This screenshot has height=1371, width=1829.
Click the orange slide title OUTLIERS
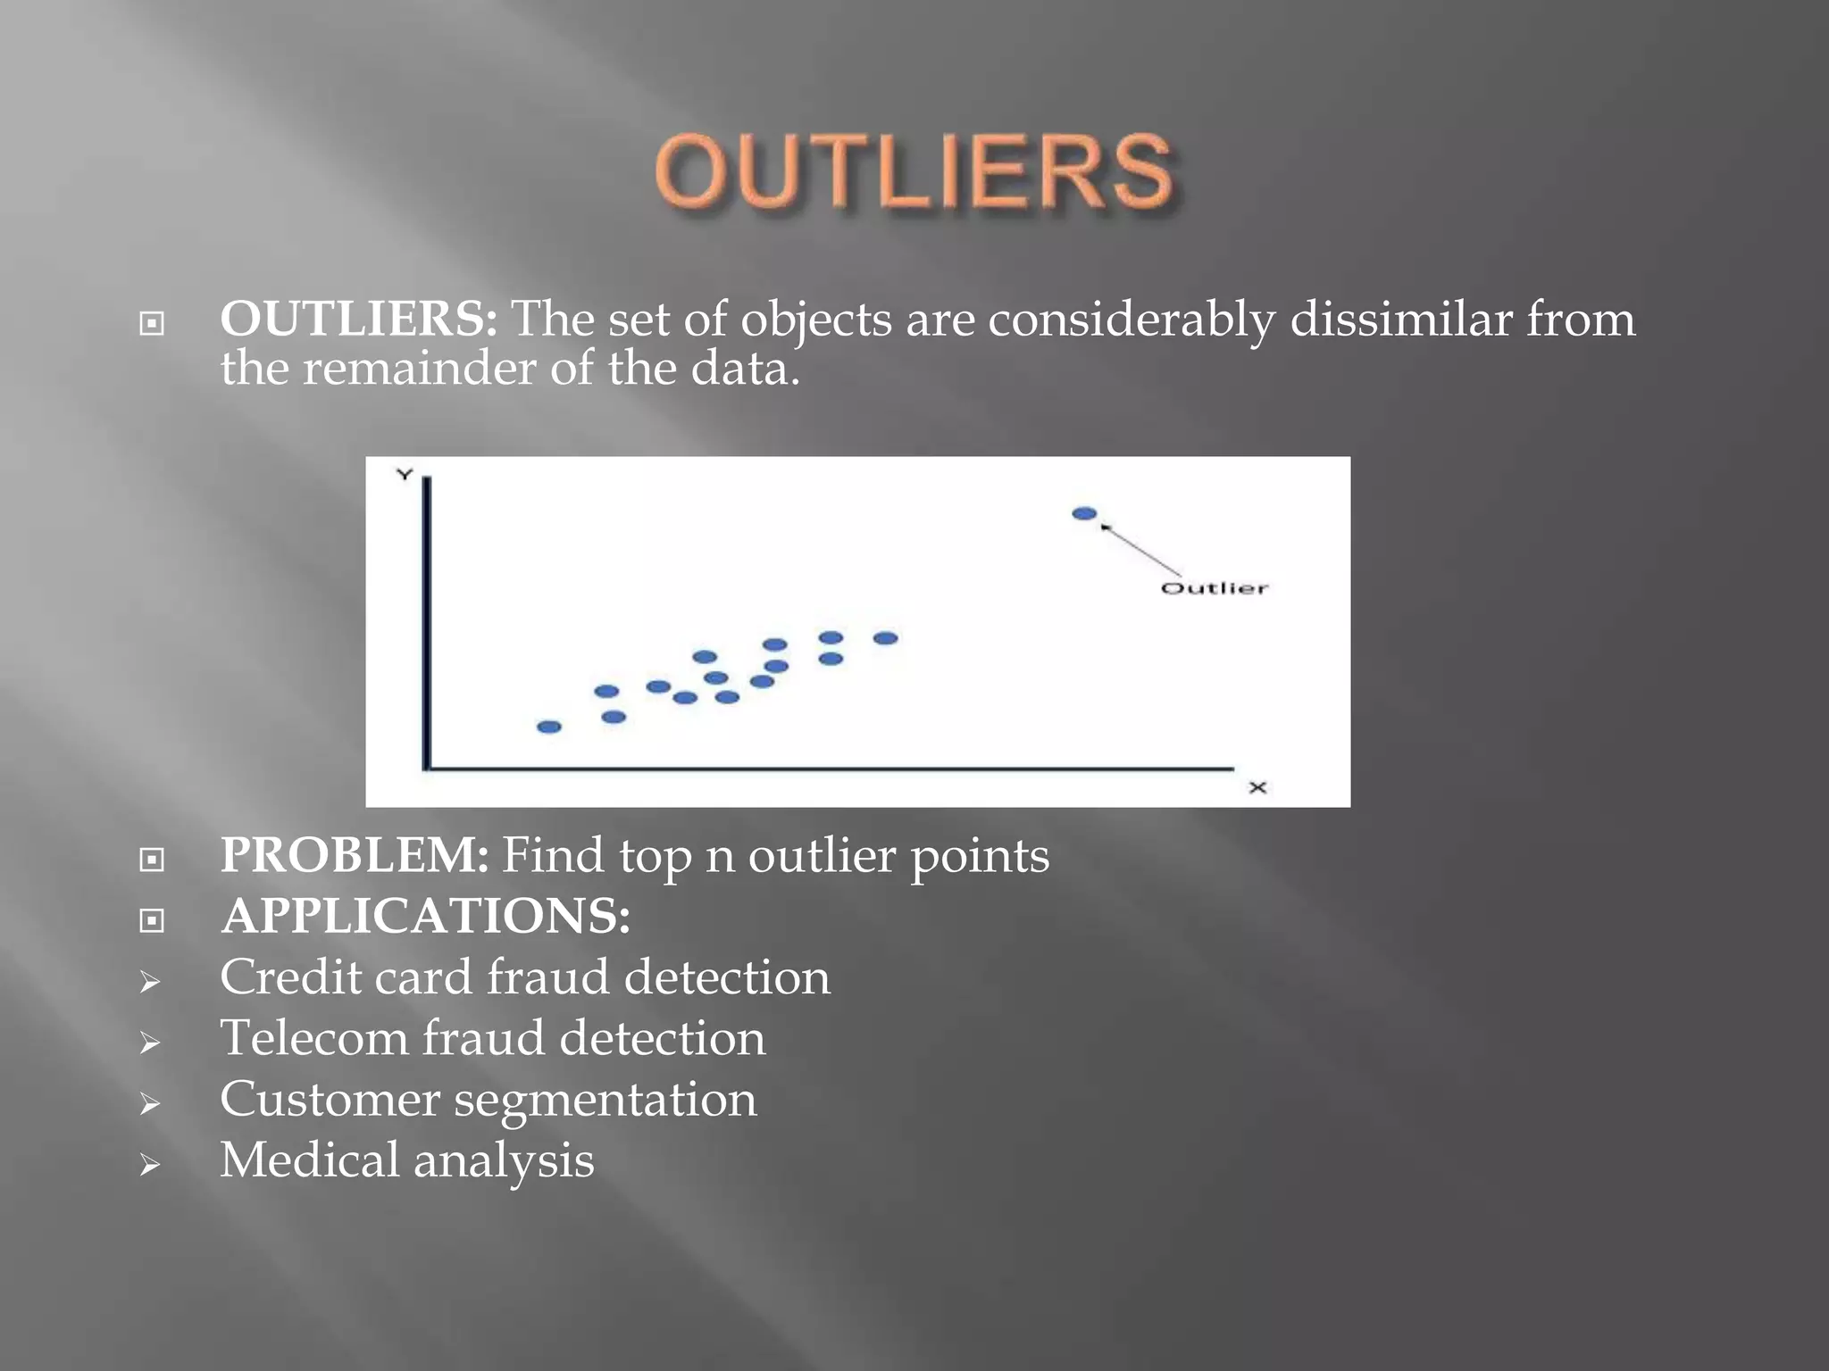coord(913,171)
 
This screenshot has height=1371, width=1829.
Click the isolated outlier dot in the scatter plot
coord(1084,513)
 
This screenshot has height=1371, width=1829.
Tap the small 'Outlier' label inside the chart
coord(1214,588)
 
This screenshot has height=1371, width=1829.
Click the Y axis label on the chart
coord(405,474)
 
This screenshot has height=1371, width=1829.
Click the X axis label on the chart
coord(1257,787)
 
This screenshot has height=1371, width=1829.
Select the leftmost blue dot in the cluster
coord(549,727)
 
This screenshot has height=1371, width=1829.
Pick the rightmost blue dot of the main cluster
coord(885,638)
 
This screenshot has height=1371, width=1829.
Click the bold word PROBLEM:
coord(355,855)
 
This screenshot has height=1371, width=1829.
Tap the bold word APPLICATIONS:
coord(425,916)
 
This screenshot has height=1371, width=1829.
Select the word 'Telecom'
coord(313,1038)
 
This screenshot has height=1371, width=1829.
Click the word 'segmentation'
coord(605,1099)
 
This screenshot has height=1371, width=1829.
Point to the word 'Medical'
coord(309,1159)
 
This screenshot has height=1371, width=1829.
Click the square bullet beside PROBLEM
coord(152,859)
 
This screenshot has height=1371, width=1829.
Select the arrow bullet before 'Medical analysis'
coord(150,1164)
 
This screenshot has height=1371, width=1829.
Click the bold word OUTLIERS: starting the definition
coord(358,319)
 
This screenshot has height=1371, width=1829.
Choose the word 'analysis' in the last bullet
coord(504,1160)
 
